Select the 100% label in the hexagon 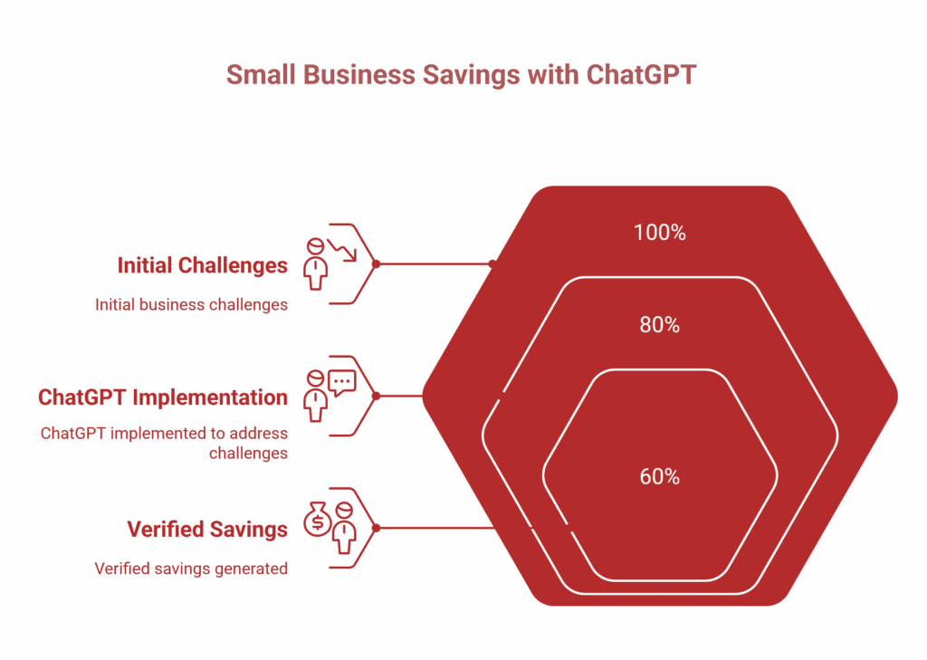[659, 233]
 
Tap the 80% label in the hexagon [659, 324]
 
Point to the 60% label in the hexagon [659, 476]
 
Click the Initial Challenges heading [202, 265]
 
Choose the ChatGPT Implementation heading [163, 397]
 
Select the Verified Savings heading [207, 529]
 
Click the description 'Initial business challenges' [191, 305]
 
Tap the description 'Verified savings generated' [191, 569]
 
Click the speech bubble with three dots [342, 382]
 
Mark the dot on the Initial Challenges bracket [376, 264]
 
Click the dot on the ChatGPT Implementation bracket [376, 396]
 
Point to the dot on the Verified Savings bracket [376, 528]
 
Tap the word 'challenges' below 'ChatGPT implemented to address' [248, 453]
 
